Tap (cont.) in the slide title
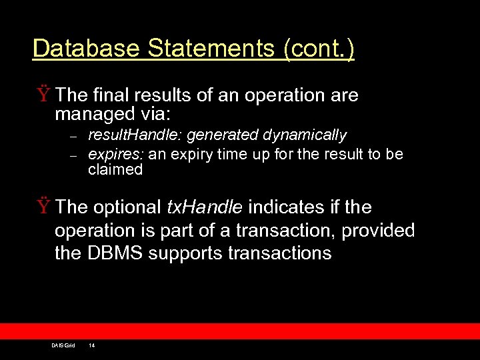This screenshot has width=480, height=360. tap(319, 49)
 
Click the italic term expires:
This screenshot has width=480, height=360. tap(117, 155)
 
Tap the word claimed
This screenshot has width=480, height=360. tap(115, 169)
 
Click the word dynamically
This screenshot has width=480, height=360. tap(305, 135)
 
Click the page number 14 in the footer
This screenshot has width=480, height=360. tap(92, 345)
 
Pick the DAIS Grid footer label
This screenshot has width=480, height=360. tap(63, 345)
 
